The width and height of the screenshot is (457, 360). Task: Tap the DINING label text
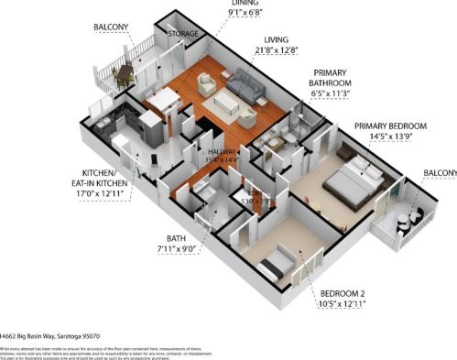click(245, 4)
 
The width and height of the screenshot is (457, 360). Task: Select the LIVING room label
click(276, 39)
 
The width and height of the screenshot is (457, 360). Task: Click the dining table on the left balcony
click(124, 72)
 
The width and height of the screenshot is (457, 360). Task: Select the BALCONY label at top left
click(111, 27)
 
